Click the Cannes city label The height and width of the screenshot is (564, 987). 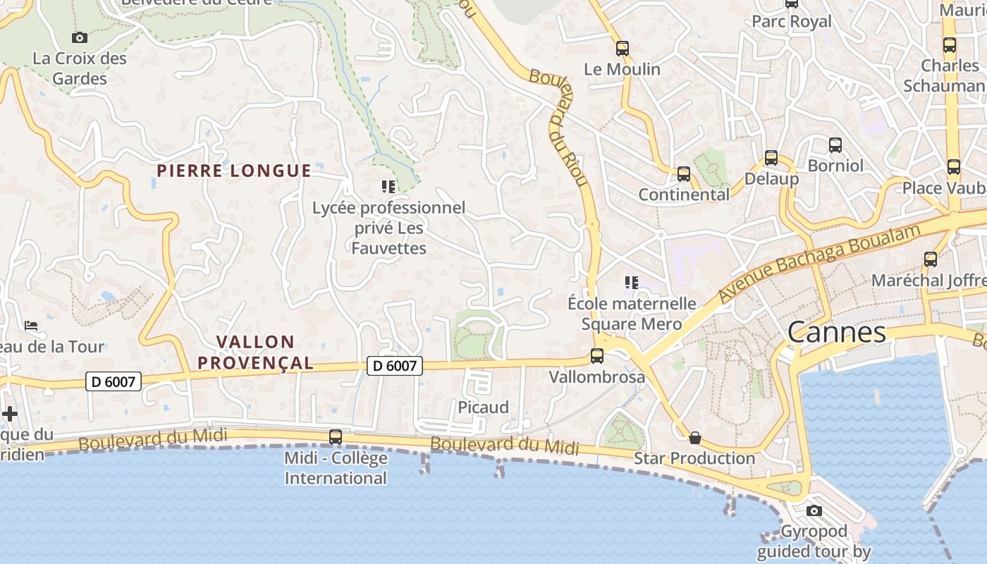coord(836,332)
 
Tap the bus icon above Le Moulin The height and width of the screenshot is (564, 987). coord(622,49)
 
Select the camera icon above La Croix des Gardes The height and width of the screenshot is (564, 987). coord(80,37)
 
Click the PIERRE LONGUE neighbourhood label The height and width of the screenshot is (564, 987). coord(234,171)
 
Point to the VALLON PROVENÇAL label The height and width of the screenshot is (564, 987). coord(255,352)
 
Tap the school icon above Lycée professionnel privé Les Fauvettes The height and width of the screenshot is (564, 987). coord(388,187)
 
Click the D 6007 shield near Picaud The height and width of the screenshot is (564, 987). coord(395,365)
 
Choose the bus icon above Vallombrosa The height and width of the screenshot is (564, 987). coord(597,356)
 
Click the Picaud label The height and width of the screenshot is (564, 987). coord(483,407)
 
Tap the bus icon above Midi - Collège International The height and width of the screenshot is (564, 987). coord(336,437)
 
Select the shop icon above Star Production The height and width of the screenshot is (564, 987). coord(695,438)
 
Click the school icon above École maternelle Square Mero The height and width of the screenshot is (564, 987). coord(631,283)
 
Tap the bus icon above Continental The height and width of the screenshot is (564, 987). coord(683,174)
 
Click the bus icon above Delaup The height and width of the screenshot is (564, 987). coord(771,158)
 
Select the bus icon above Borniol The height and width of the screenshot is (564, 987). coord(835,145)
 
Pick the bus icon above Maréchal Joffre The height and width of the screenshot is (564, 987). coord(931,259)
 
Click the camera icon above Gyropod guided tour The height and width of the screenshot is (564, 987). coord(814,510)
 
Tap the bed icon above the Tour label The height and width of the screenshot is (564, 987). coord(31,326)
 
